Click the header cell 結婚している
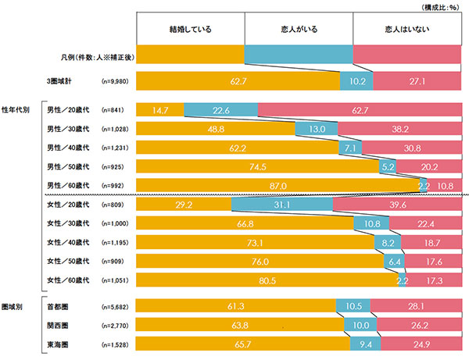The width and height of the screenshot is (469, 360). (x=191, y=30)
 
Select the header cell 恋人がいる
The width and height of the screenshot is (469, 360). (x=299, y=30)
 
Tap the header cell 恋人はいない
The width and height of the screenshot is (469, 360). (x=409, y=30)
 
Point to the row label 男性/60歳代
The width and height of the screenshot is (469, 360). (x=67, y=185)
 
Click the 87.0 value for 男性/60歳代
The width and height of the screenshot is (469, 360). (x=277, y=185)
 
